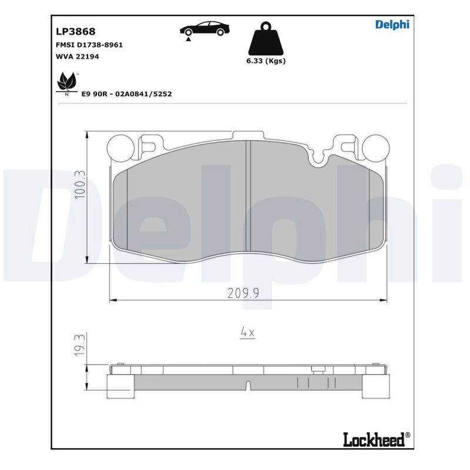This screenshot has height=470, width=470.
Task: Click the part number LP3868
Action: tap(75, 31)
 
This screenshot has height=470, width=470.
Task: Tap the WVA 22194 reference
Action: tap(77, 56)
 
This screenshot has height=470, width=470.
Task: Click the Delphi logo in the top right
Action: tap(392, 24)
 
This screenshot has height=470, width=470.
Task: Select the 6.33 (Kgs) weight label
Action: tap(266, 61)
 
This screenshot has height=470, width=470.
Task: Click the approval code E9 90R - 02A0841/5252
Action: tap(126, 93)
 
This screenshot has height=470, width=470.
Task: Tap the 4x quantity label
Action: tap(247, 333)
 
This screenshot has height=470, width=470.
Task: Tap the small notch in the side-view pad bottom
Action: tap(248, 385)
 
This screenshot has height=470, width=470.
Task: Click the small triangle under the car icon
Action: tap(188, 39)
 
